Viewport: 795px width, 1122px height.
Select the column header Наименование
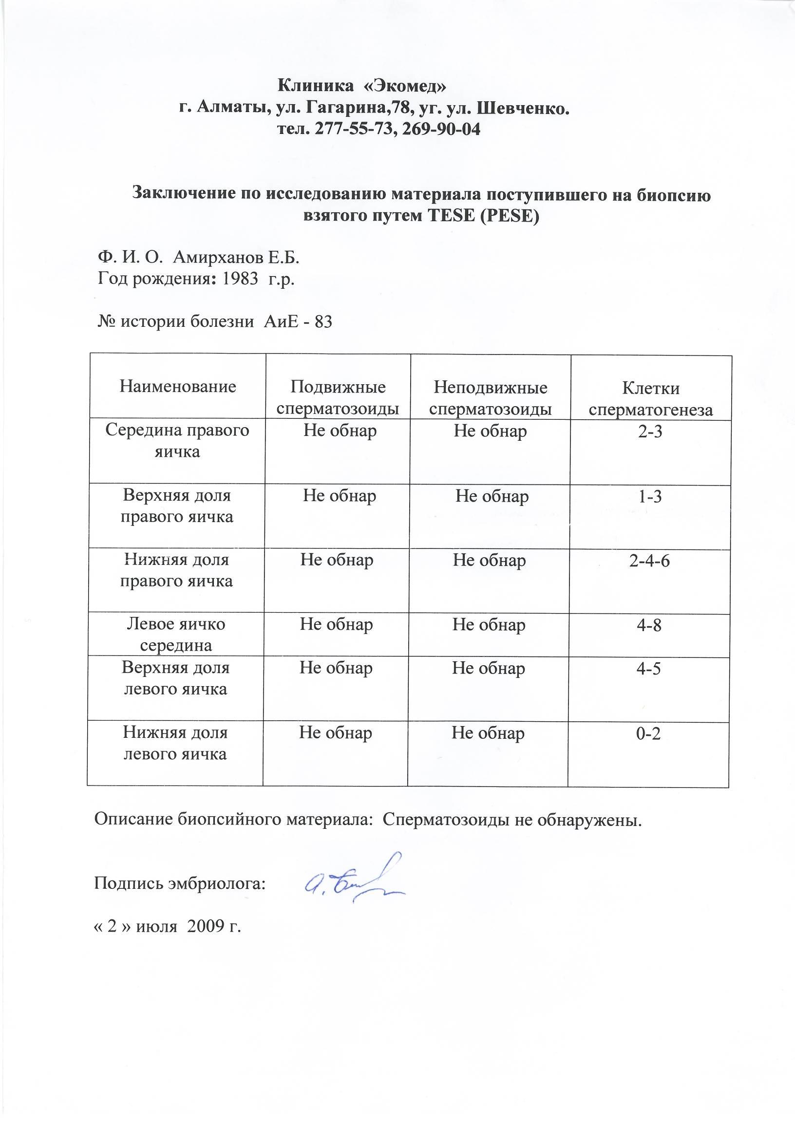178,387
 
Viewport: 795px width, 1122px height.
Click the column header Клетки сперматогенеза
651,399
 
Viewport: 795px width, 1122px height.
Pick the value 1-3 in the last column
650,497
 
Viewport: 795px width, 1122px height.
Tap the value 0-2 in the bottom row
648,733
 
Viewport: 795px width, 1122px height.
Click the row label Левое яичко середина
176,635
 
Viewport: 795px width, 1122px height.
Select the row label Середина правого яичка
178,440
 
